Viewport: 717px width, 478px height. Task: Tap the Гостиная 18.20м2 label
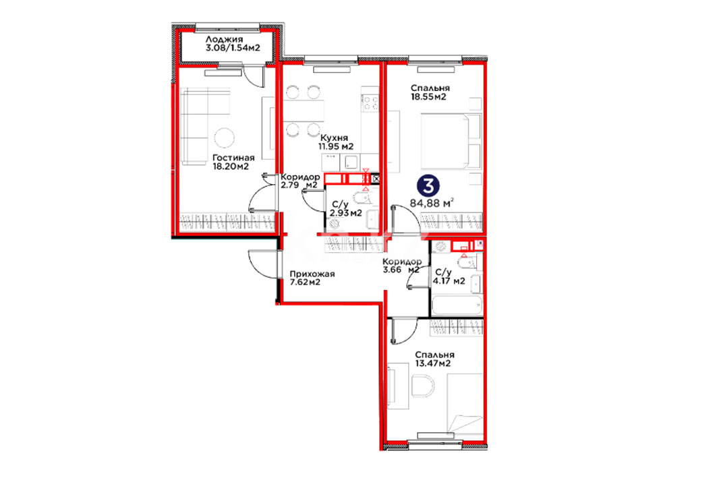(x=233, y=162)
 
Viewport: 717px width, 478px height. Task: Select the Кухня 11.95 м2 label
(x=336, y=142)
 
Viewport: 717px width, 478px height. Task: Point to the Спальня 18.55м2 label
(x=430, y=92)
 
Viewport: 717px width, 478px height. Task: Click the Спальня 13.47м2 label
(x=434, y=359)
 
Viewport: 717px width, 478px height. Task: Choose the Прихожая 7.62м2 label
(x=312, y=278)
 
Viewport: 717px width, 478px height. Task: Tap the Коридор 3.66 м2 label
(x=401, y=266)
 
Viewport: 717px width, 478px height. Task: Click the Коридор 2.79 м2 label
(x=300, y=181)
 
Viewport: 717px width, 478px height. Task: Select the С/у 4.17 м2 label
(x=450, y=276)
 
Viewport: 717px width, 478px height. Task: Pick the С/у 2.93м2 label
(x=346, y=208)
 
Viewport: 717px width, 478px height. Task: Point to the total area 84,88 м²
(x=432, y=202)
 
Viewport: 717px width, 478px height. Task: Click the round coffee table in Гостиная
(x=225, y=137)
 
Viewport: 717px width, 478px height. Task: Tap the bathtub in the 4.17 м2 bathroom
(x=457, y=305)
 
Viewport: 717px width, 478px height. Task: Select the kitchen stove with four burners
(x=370, y=102)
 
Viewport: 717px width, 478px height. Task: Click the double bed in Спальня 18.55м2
(x=451, y=141)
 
